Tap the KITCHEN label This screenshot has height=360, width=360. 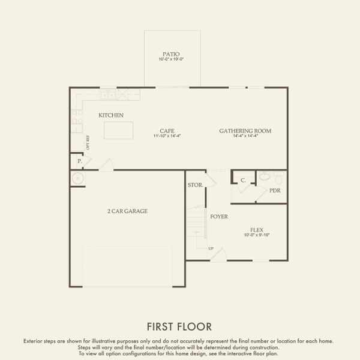[x=112, y=115]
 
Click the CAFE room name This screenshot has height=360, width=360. [x=167, y=130]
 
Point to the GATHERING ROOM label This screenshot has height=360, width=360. [x=245, y=130]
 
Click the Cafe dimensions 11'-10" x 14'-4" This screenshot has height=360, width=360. [x=167, y=136]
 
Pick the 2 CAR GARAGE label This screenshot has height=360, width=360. [x=127, y=211]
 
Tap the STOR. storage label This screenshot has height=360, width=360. [x=194, y=185]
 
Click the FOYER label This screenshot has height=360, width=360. [x=218, y=216]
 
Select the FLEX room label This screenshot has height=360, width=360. [x=257, y=230]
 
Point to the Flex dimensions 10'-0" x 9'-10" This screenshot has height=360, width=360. [x=257, y=235]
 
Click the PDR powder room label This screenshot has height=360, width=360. [x=275, y=191]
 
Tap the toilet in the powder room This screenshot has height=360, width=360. [x=278, y=178]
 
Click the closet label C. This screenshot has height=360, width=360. [x=244, y=180]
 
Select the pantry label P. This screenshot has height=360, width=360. [x=79, y=162]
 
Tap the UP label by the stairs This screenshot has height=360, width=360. [x=211, y=248]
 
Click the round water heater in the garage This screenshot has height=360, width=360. [x=77, y=178]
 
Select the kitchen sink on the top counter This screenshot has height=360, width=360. [x=108, y=95]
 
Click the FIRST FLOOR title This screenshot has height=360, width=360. [x=179, y=327]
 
